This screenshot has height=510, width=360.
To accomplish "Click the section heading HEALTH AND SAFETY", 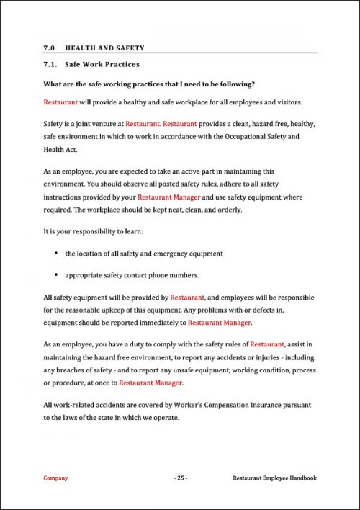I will [x=105, y=48].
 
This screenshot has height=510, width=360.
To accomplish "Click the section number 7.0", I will [x=50, y=48].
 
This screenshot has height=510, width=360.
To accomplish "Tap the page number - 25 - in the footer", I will [x=180, y=478].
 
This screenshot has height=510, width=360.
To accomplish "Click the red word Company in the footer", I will [x=56, y=478].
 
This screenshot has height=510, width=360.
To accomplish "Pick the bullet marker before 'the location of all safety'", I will [x=55, y=253].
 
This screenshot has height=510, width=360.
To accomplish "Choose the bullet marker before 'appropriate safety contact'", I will [x=55, y=275].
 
